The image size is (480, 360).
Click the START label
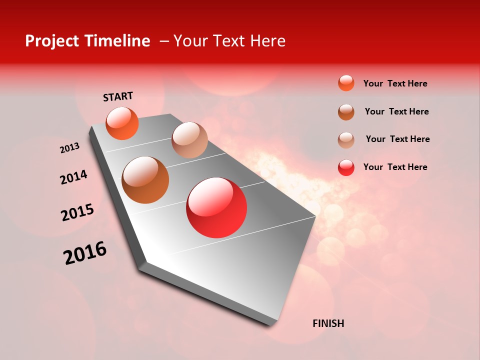click(x=118, y=96)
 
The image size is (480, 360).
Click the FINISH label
click(x=328, y=323)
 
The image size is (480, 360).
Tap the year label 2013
click(x=69, y=148)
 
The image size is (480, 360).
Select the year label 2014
click(x=73, y=177)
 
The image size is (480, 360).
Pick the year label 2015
click(x=77, y=212)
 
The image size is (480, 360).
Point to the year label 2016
click(x=85, y=253)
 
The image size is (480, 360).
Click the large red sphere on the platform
click(x=216, y=207)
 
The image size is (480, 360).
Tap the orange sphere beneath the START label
click(x=122, y=123)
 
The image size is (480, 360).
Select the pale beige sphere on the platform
click(x=189, y=140)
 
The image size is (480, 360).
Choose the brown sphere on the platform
click(x=145, y=180)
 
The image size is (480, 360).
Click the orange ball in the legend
click(x=346, y=83)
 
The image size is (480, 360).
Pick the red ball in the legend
click(x=346, y=167)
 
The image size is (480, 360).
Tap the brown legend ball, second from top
click(x=346, y=112)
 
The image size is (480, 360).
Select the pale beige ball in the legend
click(x=346, y=140)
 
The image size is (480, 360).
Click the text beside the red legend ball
click(x=395, y=167)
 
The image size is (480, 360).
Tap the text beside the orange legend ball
click(x=395, y=83)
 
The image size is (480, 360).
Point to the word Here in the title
click(x=267, y=41)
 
